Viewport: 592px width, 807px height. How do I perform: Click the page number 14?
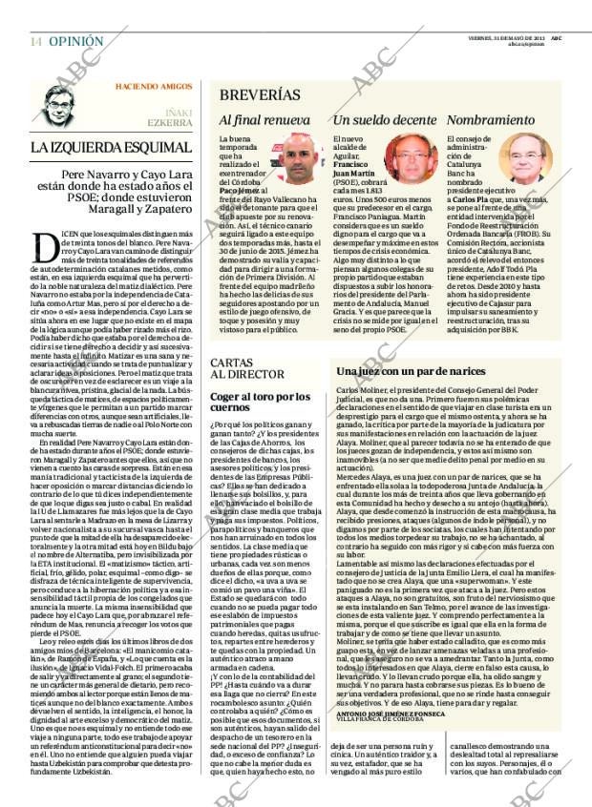(36, 42)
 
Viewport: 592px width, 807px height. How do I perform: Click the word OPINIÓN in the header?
(75, 42)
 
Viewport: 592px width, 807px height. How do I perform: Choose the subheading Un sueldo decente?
(384, 121)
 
